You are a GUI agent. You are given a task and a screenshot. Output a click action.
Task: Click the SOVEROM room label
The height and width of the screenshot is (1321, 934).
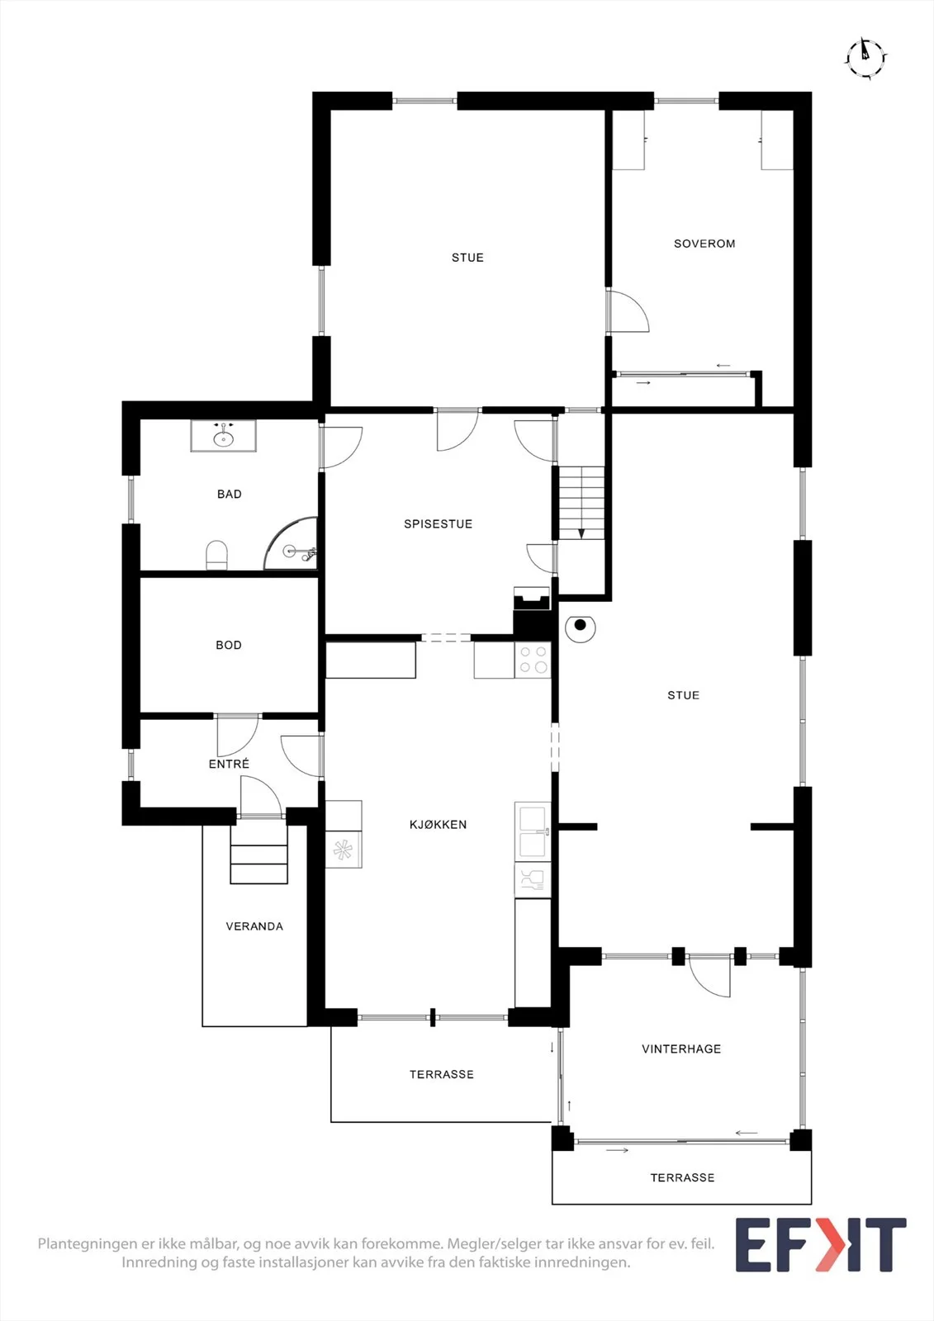[704, 244]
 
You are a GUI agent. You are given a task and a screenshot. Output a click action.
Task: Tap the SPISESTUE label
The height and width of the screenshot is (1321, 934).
[438, 523]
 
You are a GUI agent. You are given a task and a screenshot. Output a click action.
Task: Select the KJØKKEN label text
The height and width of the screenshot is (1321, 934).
[438, 825]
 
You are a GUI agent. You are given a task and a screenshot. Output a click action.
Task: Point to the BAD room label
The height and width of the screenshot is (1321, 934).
[229, 495]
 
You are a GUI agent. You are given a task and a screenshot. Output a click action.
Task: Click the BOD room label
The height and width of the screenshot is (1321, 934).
[228, 645]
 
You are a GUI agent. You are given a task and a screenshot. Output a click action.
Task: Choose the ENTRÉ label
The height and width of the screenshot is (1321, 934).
[229, 764]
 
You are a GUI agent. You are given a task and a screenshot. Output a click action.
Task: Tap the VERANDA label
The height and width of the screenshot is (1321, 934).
[254, 926]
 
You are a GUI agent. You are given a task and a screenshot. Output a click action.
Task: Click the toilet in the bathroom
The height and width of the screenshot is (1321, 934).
[216, 556]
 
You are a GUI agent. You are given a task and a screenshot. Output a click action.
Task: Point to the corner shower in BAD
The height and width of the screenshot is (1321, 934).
[291, 544]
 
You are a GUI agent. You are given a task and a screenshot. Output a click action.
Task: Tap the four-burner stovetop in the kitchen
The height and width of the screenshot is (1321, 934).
[533, 660]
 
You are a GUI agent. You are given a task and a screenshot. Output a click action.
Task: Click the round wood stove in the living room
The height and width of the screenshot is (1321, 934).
[580, 627]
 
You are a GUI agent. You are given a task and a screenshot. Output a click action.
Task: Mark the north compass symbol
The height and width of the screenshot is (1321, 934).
[865, 59]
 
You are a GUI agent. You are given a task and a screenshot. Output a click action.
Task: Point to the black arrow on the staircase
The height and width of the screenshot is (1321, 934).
[581, 533]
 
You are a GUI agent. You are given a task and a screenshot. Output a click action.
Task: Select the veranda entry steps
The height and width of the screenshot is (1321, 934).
[259, 854]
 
